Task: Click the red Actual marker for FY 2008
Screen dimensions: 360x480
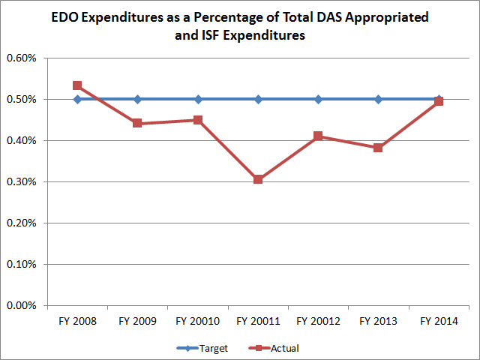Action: (x=77, y=85)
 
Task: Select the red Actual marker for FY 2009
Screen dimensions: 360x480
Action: (x=137, y=123)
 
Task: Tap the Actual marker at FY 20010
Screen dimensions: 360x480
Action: (x=198, y=120)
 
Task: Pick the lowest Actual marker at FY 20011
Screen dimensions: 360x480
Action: (x=258, y=180)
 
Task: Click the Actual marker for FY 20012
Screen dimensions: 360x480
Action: (x=318, y=136)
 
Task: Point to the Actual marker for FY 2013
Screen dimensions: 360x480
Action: (x=378, y=148)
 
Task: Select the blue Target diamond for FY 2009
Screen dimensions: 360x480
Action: (x=137, y=99)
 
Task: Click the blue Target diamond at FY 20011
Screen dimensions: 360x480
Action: (x=258, y=99)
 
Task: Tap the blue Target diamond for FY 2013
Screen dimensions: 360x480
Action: (x=378, y=99)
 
